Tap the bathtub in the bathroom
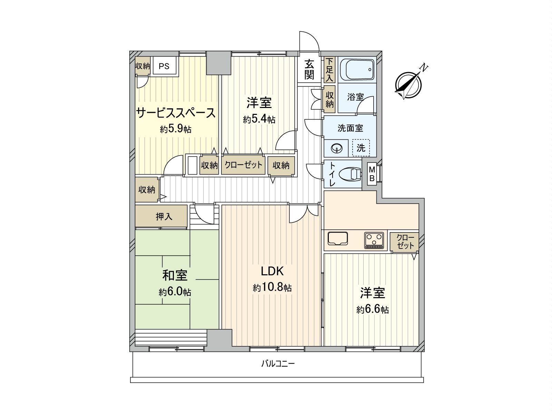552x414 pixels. click(357, 69)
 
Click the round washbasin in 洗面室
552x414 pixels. click(337, 148)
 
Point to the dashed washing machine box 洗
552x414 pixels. click(361, 148)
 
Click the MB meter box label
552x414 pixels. click(372, 174)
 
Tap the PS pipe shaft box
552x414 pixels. click(164, 66)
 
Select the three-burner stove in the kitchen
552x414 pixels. click(374, 240)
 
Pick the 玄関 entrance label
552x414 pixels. click(309, 69)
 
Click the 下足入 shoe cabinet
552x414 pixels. click(330, 70)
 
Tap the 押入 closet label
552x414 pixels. click(164, 217)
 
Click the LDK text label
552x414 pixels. click(272, 271)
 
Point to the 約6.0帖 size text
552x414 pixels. click(175, 292)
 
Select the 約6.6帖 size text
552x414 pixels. click(372, 309)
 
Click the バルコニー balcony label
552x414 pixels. click(278, 364)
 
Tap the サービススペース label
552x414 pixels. click(176, 113)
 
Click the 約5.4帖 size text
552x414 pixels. click(259, 119)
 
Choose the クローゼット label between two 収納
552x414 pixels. click(244, 165)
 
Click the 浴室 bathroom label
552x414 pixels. click(355, 97)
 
